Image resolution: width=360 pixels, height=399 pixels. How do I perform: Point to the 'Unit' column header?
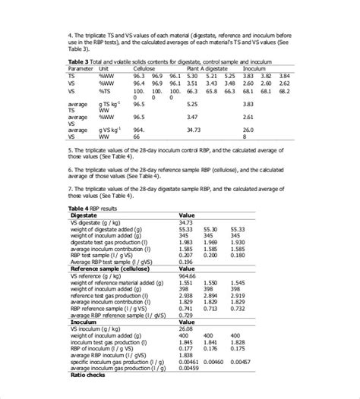(x=104, y=68)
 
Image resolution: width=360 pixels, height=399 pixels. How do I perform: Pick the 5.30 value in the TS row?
(x=191, y=75)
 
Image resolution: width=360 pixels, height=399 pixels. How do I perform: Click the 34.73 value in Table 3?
(x=186, y=222)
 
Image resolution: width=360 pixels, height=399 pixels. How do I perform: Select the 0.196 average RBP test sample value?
(x=186, y=262)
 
